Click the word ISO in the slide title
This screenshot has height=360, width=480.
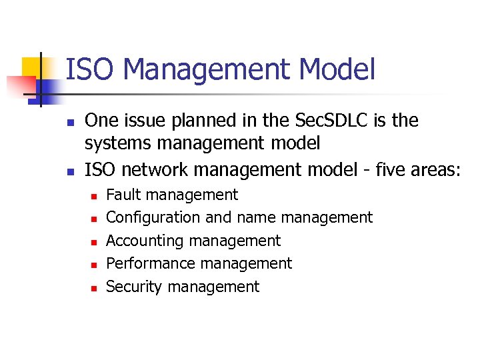pyautogui.click(x=90, y=70)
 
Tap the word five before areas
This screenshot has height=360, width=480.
pyautogui.click(x=394, y=169)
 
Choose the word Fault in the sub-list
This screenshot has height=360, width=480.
pyautogui.click(x=123, y=195)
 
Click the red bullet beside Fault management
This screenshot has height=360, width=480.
pyautogui.click(x=94, y=196)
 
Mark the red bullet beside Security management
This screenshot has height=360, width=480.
pyautogui.click(x=94, y=288)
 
